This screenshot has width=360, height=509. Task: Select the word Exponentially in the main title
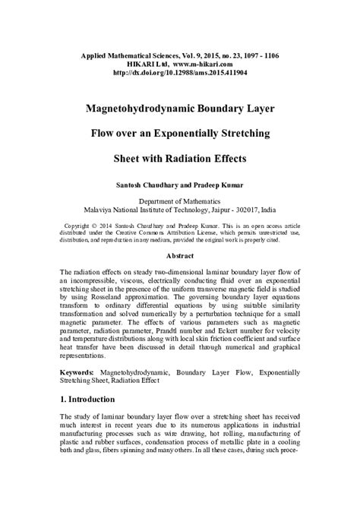[x=199, y=134]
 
